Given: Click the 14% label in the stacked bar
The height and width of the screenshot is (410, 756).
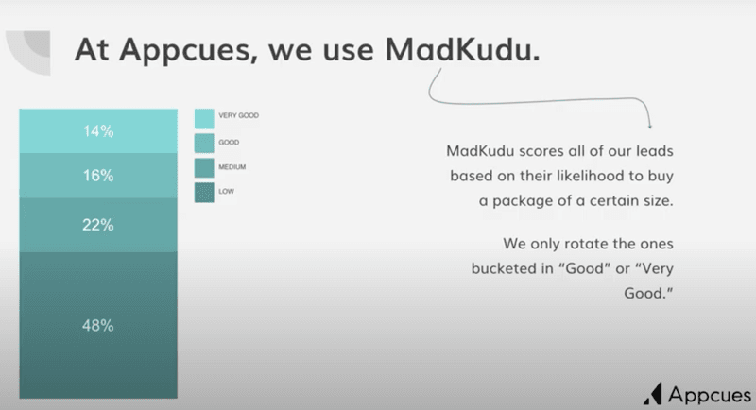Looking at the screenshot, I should [x=98, y=131].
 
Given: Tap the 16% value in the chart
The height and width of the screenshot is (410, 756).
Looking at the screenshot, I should [x=98, y=176].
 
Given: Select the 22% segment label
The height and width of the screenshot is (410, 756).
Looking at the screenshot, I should [x=98, y=225].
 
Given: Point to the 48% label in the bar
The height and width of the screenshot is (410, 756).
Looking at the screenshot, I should [x=98, y=326].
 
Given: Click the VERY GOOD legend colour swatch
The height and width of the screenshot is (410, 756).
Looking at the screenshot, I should [x=204, y=117].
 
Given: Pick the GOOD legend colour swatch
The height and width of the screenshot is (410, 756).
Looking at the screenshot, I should [x=204, y=143].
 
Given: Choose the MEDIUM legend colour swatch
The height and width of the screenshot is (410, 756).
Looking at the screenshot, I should [x=204, y=168].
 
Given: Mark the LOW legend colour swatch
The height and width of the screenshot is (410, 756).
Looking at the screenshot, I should [x=204, y=193].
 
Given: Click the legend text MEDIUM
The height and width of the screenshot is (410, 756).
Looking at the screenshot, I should [x=232, y=166].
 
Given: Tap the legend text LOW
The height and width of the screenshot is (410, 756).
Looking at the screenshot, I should [x=226, y=191].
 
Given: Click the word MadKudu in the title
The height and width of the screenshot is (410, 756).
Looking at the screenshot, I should [x=463, y=49].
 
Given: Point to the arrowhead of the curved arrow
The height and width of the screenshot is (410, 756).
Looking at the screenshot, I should [x=651, y=127].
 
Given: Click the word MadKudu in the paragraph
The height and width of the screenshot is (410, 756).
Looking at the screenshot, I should [x=485, y=152].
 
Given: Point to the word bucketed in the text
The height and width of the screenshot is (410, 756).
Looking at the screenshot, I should [x=507, y=268].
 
